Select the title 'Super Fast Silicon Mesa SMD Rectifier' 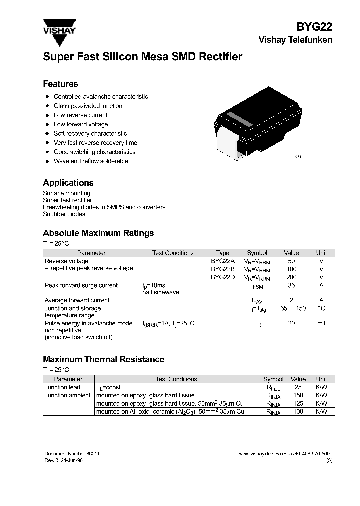click(142, 57)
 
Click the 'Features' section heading click(60, 84)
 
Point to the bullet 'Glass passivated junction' click(88, 106)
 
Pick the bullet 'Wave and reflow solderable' click(91, 161)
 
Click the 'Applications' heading click(68, 183)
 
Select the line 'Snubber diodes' click(64, 214)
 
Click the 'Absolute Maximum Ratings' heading click(98, 233)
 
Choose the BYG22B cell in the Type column click(222, 269)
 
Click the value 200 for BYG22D click(291, 277)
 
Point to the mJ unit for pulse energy click(321, 323)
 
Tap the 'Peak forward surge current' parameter click(81, 285)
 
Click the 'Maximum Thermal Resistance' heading click(103, 359)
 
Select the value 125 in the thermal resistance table click(298, 403)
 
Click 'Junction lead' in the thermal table click(62, 387)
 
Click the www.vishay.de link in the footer click(255, 453)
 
